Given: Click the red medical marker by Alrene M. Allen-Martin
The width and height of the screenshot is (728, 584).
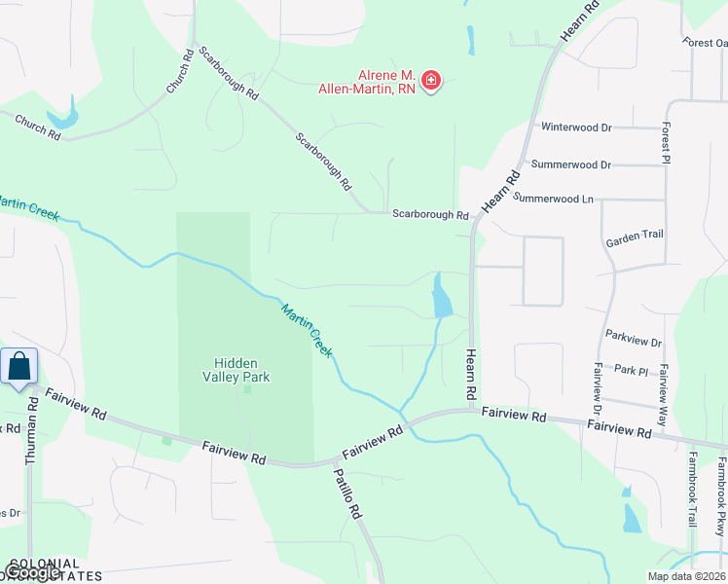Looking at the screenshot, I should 430,81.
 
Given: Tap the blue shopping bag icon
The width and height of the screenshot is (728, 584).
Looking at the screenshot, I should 19,367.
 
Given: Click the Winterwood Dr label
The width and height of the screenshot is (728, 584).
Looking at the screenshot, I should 576,128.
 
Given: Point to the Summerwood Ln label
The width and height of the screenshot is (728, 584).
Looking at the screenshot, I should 553,199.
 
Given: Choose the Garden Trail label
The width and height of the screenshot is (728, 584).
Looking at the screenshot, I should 634,236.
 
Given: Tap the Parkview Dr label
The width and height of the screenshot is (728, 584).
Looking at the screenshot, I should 633,343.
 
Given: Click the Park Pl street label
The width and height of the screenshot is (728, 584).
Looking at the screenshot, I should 631,370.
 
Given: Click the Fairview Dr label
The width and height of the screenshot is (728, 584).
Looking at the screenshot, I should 597,385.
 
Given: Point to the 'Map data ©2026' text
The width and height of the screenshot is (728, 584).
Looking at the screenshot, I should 686,576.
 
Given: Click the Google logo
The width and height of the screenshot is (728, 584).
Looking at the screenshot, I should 31,572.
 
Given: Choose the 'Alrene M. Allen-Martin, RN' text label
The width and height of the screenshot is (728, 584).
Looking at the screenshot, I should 367,82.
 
